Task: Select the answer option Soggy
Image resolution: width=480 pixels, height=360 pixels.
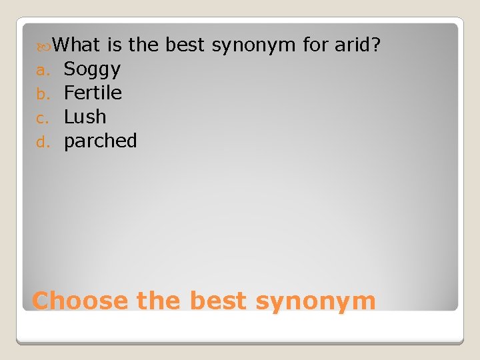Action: [x=92, y=69]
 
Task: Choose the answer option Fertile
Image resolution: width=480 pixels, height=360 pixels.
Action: [x=93, y=93]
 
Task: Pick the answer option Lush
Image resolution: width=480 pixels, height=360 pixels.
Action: [x=85, y=117]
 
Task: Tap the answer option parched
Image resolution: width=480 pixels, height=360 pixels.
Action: [x=101, y=141]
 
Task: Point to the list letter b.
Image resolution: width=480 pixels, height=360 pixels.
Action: [x=41, y=94]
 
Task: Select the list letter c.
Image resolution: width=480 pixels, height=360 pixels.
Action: [x=41, y=118]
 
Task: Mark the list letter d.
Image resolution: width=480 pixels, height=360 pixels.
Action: [x=41, y=142]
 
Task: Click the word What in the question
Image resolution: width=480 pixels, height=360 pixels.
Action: [x=76, y=45]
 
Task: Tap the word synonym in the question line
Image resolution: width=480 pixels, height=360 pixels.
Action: [x=253, y=45]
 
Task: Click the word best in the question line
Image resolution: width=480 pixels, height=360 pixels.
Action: [x=185, y=45]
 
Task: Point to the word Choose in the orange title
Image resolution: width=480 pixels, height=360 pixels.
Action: [x=80, y=301]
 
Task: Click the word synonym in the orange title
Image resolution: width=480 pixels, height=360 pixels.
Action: [x=315, y=301]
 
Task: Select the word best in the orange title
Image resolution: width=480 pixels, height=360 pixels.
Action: [x=219, y=301]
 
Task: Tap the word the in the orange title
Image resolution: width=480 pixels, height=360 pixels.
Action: [x=159, y=301]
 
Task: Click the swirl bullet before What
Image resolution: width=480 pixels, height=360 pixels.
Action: [x=45, y=46]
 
